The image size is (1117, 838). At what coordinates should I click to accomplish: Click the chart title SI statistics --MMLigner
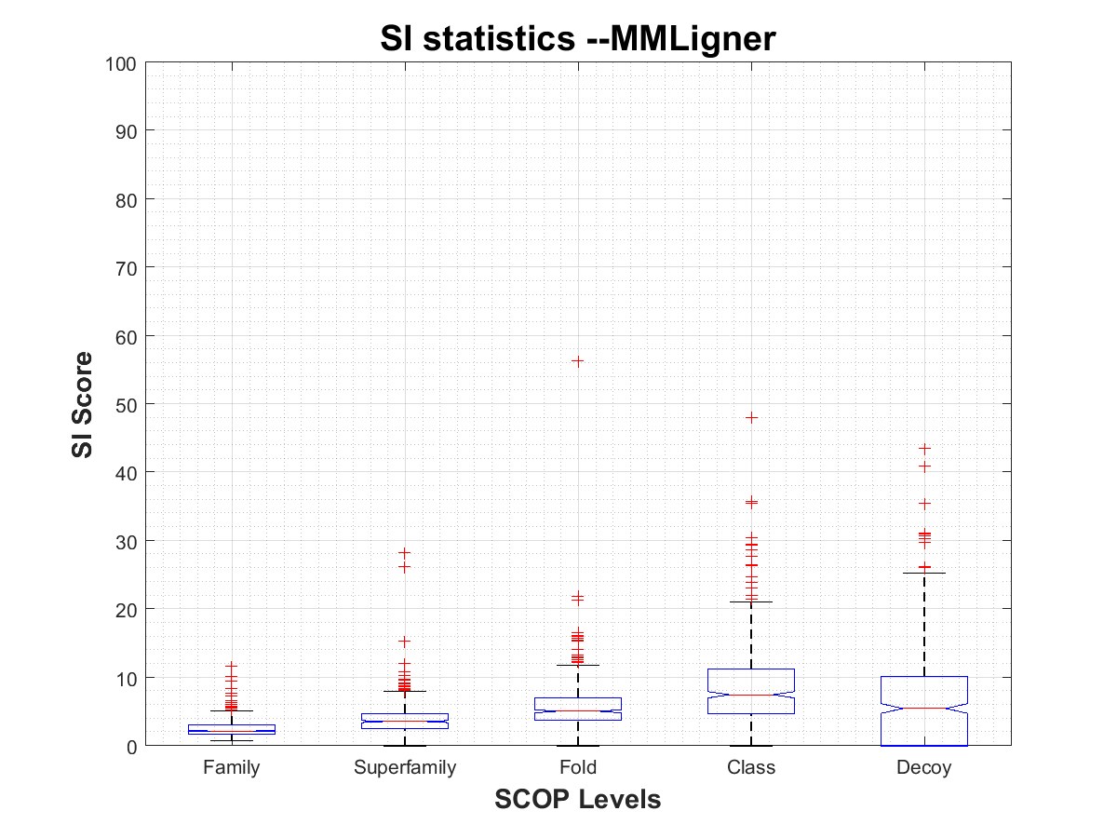577,39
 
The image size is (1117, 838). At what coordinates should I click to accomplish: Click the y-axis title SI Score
83,404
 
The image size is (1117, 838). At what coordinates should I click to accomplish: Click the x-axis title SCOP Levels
577,799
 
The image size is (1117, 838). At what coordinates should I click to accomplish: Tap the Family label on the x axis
232,768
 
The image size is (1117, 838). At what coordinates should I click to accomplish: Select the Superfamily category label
405,768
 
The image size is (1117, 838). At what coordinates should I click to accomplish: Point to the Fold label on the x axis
578,768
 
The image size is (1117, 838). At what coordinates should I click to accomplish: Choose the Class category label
751,768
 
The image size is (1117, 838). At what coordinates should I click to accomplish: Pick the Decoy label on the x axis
924,768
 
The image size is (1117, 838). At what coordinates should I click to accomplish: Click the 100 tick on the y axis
126,63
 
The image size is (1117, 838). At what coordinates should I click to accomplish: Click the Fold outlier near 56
578,361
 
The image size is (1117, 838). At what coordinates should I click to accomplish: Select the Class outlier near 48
751,417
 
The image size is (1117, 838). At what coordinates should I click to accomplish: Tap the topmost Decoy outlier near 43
924,449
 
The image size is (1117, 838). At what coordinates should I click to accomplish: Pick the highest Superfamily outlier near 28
405,552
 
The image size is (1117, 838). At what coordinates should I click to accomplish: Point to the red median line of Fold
578,711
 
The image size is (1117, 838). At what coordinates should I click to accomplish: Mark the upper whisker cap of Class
751,602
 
